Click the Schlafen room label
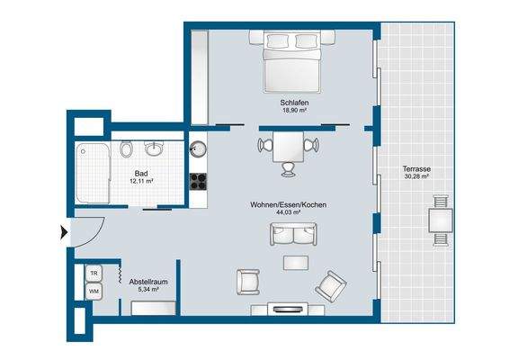[294, 103]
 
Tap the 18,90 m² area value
[294, 111]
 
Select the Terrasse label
[416, 169]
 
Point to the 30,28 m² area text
[416, 176]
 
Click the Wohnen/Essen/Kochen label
[289, 205]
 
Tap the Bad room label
[141, 174]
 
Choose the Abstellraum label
[148, 282]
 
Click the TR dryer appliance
[94, 274]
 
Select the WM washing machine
[94, 291]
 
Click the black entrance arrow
[64, 232]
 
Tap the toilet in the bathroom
[126, 149]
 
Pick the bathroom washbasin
[154, 148]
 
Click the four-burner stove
[198, 181]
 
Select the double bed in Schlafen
[292, 61]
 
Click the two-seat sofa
[293, 234]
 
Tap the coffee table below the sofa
[296, 263]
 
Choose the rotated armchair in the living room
[331, 286]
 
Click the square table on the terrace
[441, 220]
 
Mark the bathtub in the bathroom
[93, 173]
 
